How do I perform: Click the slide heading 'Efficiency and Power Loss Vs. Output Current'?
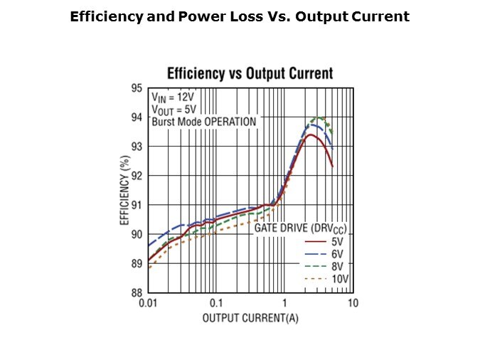click(240, 16)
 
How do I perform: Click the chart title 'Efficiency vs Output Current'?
click(250, 73)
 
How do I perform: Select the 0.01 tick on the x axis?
click(148, 303)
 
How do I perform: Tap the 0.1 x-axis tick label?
click(216, 303)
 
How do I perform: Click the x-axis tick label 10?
click(353, 303)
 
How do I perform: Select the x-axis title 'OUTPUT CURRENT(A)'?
click(251, 317)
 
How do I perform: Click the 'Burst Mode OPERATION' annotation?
click(203, 122)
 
